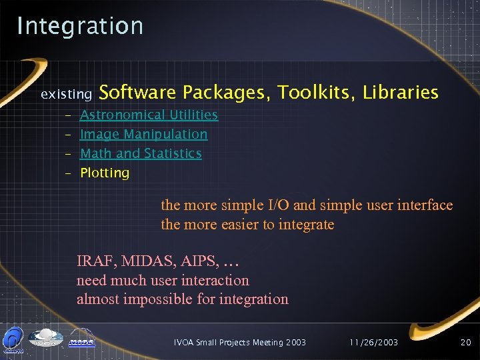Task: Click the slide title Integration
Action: coord(80,26)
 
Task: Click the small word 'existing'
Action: coord(66,95)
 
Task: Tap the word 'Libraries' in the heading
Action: coord(400,92)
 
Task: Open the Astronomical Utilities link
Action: coord(149,115)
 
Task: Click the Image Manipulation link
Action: coord(143,134)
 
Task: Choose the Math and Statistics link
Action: coord(141,153)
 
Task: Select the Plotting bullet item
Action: coord(105,173)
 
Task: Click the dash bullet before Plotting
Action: coord(69,173)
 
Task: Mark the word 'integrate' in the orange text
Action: coord(305,225)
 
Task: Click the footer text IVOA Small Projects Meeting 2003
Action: coord(239,342)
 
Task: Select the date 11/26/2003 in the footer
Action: coord(373,342)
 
